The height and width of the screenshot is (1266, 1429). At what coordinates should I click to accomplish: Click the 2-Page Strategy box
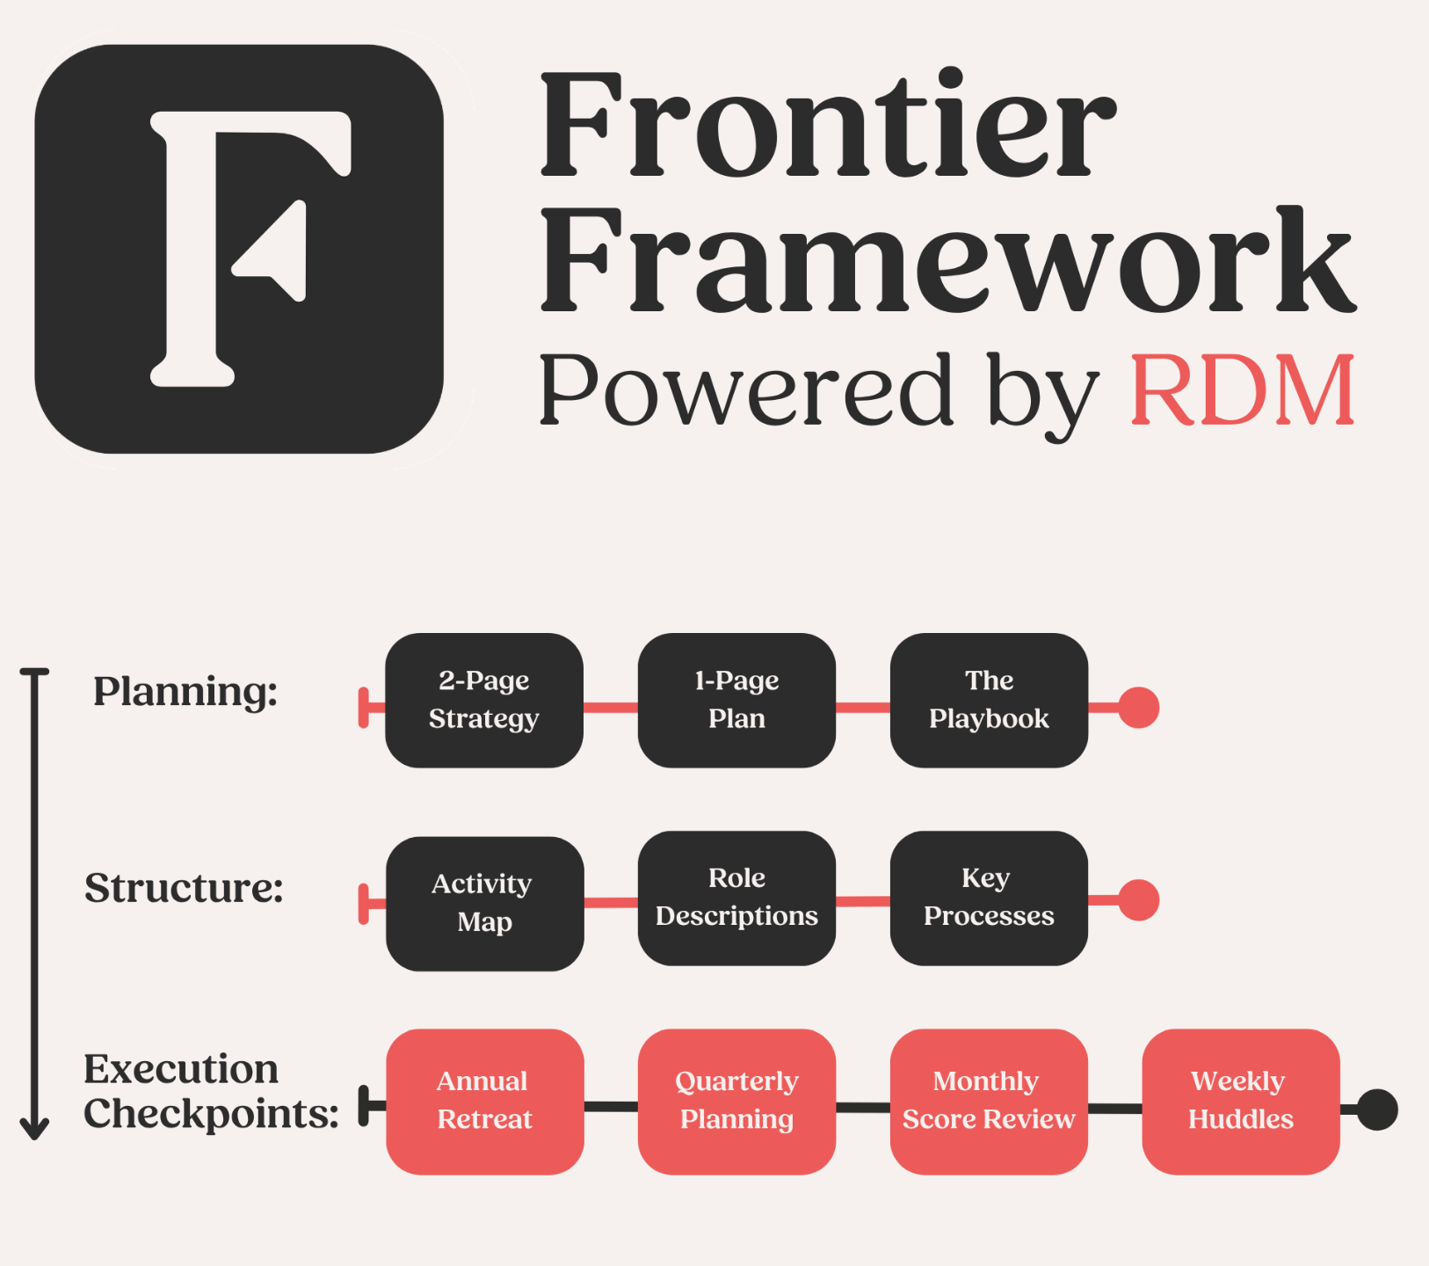[484, 700]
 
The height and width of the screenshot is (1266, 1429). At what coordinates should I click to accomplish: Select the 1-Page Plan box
[736, 700]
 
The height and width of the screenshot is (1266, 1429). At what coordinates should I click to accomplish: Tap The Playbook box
[989, 700]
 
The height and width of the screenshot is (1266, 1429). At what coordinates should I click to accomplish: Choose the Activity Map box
[484, 903]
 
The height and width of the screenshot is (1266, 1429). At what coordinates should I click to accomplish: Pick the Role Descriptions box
[736, 898]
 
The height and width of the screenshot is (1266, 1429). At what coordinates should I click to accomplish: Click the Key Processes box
[989, 898]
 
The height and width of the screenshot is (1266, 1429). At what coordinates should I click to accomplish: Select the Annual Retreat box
[484, 1101]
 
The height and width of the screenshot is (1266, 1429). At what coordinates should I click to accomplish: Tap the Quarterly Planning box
[736, 1101]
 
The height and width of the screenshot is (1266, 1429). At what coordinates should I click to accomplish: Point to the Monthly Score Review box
[989, 1101]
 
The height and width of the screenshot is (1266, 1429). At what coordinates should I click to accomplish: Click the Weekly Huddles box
[1240, 1101]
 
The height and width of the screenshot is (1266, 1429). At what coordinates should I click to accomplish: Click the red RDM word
[1243, 390]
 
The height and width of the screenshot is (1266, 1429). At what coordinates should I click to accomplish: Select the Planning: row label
[185, 691]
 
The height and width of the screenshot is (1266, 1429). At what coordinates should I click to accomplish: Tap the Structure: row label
[184, 888]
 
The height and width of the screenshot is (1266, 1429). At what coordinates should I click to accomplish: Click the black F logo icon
[239, 249]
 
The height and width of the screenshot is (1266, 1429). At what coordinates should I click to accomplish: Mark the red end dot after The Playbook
[1139, 708]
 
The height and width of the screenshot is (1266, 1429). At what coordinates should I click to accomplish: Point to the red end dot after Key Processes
[1139, 900]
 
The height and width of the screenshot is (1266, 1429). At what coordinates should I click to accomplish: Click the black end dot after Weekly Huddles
[1377, 1110]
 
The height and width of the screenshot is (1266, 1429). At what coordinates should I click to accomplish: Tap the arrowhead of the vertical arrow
[34, 1129]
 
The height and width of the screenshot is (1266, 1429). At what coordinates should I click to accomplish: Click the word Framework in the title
[947, 262]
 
